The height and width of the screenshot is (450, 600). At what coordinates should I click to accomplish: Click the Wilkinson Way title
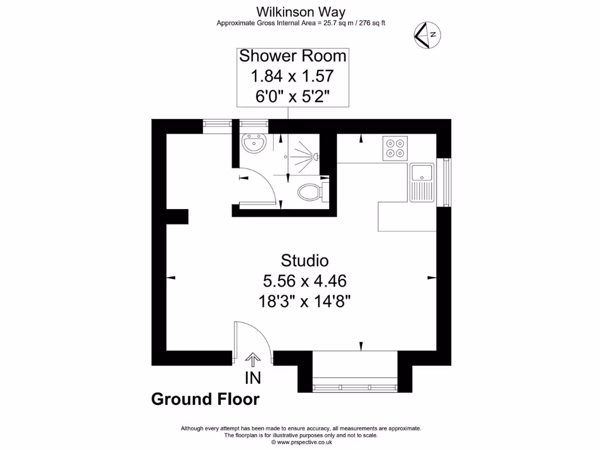pyautogui.click(x=301, y=12)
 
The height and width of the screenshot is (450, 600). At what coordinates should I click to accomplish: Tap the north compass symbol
pyautogui.click(x=428, y=35)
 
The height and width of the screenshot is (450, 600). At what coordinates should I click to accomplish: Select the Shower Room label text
pyautogui.click(x=292, y=56)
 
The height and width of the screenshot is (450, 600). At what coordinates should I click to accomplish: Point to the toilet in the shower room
pyautogui.click(x=311, y=192)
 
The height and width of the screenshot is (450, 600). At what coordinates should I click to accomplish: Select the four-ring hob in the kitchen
pyautogui.click(x=395, y=148)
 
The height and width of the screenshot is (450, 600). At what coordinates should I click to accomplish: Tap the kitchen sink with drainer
pyautogui.click(x=421, y=182)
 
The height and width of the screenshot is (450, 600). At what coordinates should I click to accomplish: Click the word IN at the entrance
pyautogui.click(x=253, y=378)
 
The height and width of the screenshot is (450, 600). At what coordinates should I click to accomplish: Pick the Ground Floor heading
pyautogui.click(x=205, y=399)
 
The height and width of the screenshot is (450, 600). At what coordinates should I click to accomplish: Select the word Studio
pyautogui.click(x=304, y=260)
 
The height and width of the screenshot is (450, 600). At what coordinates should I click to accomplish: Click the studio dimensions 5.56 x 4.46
pyautogui.click(x=304, y=281)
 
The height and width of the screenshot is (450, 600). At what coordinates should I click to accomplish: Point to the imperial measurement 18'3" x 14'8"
pyautogui.click(x=304, y=301)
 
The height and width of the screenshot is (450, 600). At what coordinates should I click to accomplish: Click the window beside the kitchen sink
pyautogui.click(x=448, y=182)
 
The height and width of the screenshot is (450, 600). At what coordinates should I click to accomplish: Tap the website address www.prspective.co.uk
pyautogui.click(x=301, y=442)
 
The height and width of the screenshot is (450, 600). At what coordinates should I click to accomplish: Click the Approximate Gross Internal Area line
pyautogui.click(x=301, y=23)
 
